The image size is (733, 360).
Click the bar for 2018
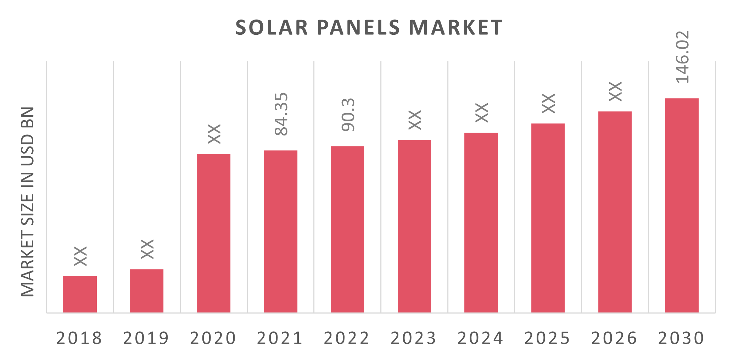coord(80,294)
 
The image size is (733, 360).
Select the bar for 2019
coord(147,291)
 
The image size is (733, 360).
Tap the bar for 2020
coord(214,233)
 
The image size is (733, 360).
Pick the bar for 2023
coord(414,226)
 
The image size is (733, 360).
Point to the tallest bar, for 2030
coord(682,205)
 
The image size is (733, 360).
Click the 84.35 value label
coord(282,114)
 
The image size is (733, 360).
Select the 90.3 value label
coord(348,115)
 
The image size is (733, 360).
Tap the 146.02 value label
coord(682,57)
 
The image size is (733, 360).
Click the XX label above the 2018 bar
coord(81,256)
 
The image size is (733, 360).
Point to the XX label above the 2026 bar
coord(616,91)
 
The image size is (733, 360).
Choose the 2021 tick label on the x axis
coord(280,338)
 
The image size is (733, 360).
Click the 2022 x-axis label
coord(347,338)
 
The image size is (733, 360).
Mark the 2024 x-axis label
coord(480,338)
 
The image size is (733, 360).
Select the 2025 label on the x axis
coord(547,338)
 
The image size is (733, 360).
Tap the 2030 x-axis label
coord(681,338)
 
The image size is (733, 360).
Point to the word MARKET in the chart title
coord(456,28)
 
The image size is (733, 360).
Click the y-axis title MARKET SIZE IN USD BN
coord(28,201)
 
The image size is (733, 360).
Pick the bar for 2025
coord(548,218)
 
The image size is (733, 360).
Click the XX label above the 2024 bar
coord(482,112)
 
